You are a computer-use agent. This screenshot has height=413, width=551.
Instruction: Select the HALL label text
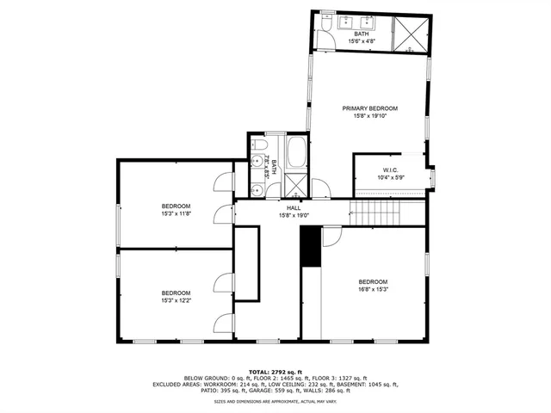click(x=294, y=208)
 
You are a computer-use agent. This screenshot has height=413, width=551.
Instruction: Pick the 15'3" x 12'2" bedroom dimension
click(x=176, y=299)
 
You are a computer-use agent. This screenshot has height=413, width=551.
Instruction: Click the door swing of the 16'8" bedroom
click(x=331, y=237)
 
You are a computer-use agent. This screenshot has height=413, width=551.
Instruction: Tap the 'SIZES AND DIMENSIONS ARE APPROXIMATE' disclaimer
click(x=275, y=401)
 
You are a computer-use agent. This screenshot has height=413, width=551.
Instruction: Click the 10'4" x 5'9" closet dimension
click(x=391, y=178)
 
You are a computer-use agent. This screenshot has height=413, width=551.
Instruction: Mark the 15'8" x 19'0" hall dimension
click(x=294, y=216)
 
